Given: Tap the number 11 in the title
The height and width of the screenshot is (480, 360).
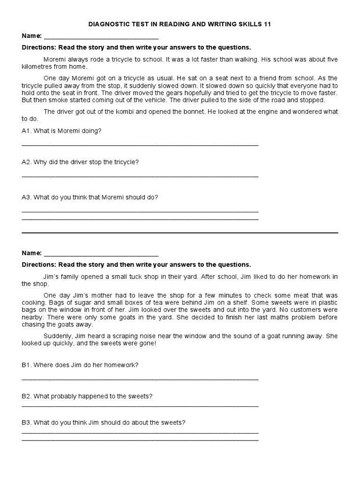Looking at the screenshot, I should click(x=268, y=24).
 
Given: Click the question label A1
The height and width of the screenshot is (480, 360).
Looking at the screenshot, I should click(x=26, y=131).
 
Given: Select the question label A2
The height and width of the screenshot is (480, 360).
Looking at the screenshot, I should click(x=26, y=162).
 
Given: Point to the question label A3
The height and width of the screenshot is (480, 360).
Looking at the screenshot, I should click(x=26, y=197).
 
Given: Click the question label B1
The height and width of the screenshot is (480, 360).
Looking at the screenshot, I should click(x=26, y=365).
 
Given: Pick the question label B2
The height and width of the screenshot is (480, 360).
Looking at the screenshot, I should click(x=26, y=396).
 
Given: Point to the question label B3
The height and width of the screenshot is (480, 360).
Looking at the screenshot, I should click(x=26, y=422).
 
